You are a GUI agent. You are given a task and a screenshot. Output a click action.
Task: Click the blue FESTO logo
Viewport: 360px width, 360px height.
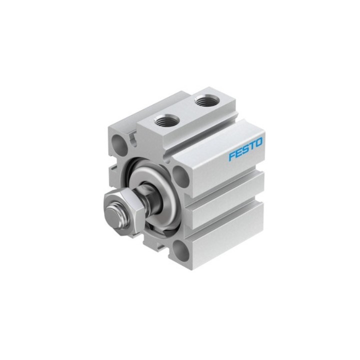pyautogui.click(x=245, y=149)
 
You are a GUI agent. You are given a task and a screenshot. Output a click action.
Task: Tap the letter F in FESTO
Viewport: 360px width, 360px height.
pyautogui.click(x=232, y=156)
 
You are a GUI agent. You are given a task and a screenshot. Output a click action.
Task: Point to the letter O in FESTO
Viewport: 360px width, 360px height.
pyautogui.click(x=259, y=142)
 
